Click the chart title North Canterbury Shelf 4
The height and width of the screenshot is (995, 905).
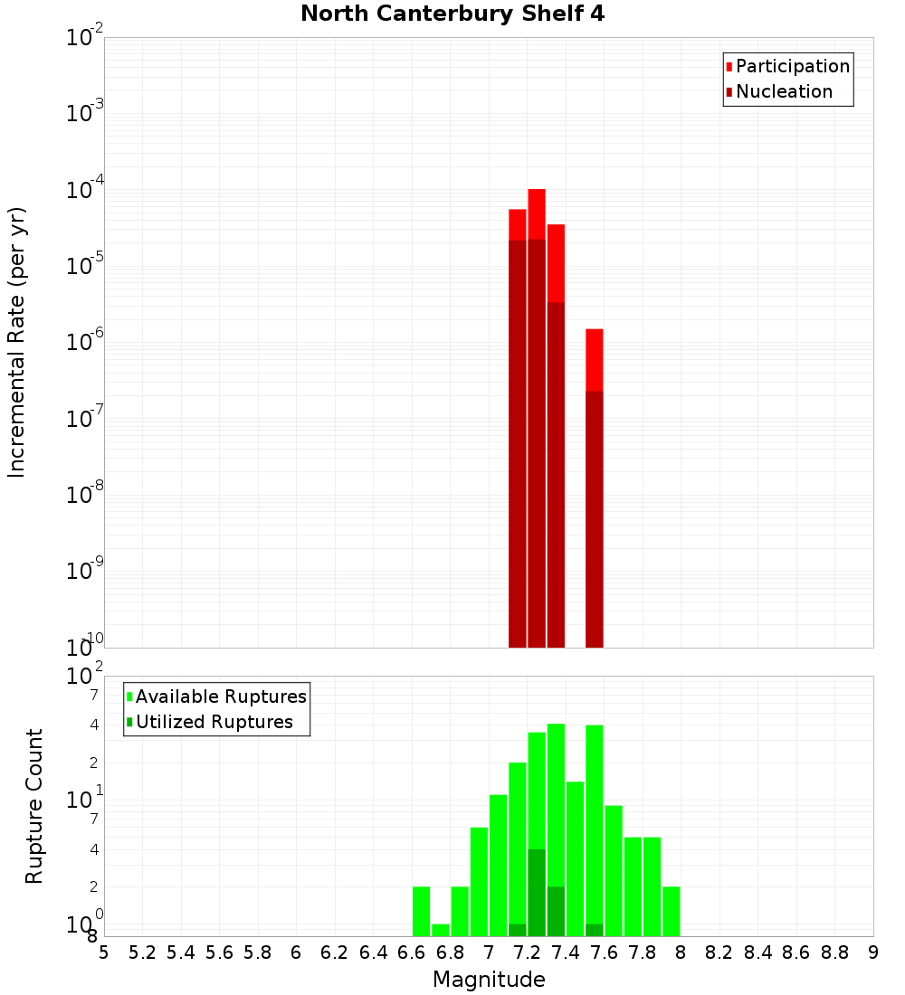[452, 14]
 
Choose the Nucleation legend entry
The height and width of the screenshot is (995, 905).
[784, 91]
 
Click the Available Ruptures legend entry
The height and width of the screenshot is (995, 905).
[220, 696]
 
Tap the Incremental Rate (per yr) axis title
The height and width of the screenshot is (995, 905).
[17, 342]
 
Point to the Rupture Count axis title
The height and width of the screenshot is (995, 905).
[34, 805]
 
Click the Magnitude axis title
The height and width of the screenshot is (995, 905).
[489, 980]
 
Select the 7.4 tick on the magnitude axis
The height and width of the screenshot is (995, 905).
[566, 952]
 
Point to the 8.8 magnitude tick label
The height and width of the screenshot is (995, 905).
[835, 952]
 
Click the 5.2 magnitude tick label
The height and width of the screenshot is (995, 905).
[142, 952]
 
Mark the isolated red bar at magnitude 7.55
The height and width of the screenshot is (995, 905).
[594, 488]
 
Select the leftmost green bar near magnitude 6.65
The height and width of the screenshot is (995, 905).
[421, 912]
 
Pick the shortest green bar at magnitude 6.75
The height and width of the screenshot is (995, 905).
[441, 930]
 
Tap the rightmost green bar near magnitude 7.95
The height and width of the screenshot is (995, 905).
[671, 912]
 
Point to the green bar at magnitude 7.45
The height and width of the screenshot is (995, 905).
[575, 859]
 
